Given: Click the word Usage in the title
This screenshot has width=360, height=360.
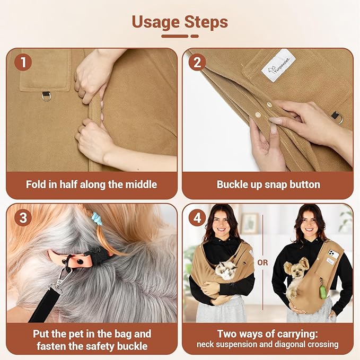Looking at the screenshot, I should (155, 22).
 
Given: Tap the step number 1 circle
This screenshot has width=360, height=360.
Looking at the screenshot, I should (22, 63).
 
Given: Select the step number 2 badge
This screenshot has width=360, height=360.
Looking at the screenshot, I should (197, 63).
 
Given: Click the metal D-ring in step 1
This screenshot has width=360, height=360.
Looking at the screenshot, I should (46, 96).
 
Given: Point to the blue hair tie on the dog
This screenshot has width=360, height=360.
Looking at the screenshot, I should (97, 218).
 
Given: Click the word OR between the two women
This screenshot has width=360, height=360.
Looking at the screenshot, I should (262, 262).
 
